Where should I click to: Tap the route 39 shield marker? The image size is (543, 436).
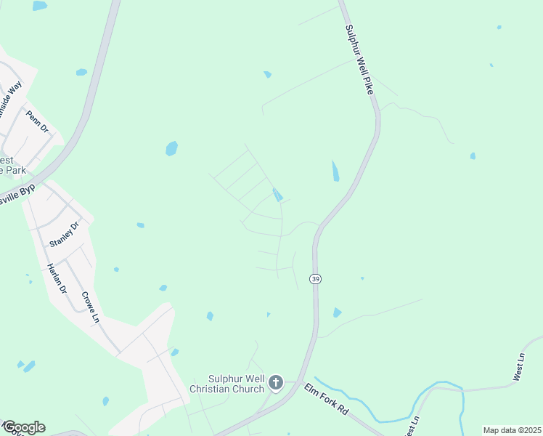pos(315,279)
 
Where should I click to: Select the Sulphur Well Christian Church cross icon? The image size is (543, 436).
pos(275,382)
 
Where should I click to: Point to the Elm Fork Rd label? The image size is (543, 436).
pos(327,400)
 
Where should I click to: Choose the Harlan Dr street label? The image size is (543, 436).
pos(57,277)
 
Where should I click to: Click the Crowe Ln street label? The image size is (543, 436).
pos(89,307)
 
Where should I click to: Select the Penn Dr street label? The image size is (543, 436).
pos(36,121)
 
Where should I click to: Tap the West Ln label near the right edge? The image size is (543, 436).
pos(518,366)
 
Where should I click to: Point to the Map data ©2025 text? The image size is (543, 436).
pos(511,430)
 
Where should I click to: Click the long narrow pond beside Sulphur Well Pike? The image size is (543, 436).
pos(335,171)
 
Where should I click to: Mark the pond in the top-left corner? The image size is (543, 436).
pos(39,6)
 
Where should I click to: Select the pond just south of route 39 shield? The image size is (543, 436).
pos(337,312)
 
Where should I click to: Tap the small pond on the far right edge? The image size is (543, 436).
pos(473,156)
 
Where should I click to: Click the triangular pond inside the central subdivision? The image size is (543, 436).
pos(277,195)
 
